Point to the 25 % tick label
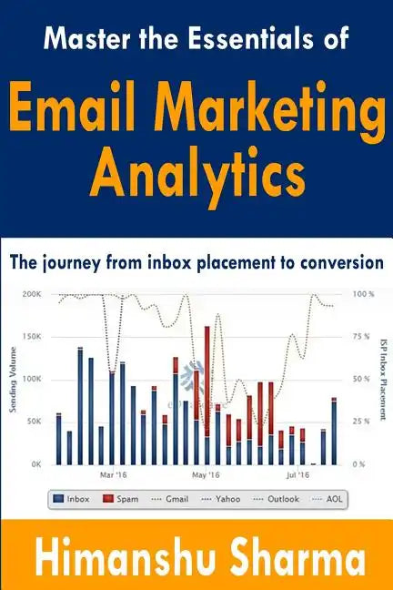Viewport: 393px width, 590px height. click(360, 422)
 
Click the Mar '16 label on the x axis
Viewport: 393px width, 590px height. click(113, 475)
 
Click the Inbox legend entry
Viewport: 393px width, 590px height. click(72, 499)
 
